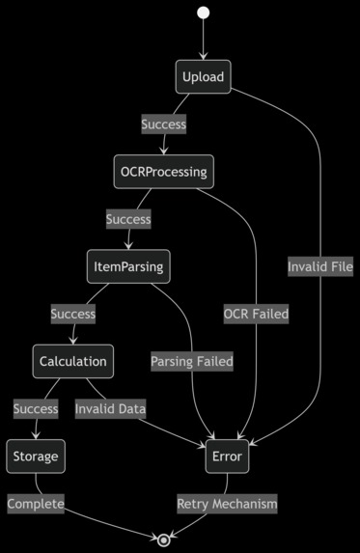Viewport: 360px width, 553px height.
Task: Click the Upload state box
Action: coord(203,77)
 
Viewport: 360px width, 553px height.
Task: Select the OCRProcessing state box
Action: coord(162,172)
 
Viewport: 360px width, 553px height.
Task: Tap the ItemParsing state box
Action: coord(128,266)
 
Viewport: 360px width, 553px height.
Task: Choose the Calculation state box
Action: coord(73,362)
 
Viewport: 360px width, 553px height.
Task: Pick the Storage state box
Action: coord(36,456)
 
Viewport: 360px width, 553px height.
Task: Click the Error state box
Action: coord(227,456)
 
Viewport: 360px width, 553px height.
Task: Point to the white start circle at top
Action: coord(203,13)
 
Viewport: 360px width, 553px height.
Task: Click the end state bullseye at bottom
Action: coord(164,539)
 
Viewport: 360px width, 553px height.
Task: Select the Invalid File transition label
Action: coord(320,266)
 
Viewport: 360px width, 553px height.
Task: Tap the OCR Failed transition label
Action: coord(256,314)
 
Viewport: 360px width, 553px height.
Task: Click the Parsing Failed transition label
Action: coord(192,362)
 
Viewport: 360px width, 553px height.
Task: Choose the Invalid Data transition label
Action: coord(111,409)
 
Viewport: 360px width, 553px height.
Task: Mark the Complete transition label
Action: coord(36,504)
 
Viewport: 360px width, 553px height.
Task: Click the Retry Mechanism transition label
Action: coord(227,504)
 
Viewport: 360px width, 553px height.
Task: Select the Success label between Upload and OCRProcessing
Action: coord(164,124)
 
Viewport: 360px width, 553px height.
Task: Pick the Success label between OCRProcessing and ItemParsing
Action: coord(128,219)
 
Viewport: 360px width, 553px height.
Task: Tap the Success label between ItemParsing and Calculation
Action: coord(73,314)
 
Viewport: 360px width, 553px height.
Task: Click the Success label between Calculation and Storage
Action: coord(36,409)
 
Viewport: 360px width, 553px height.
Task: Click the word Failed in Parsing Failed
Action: coord(213,362)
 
